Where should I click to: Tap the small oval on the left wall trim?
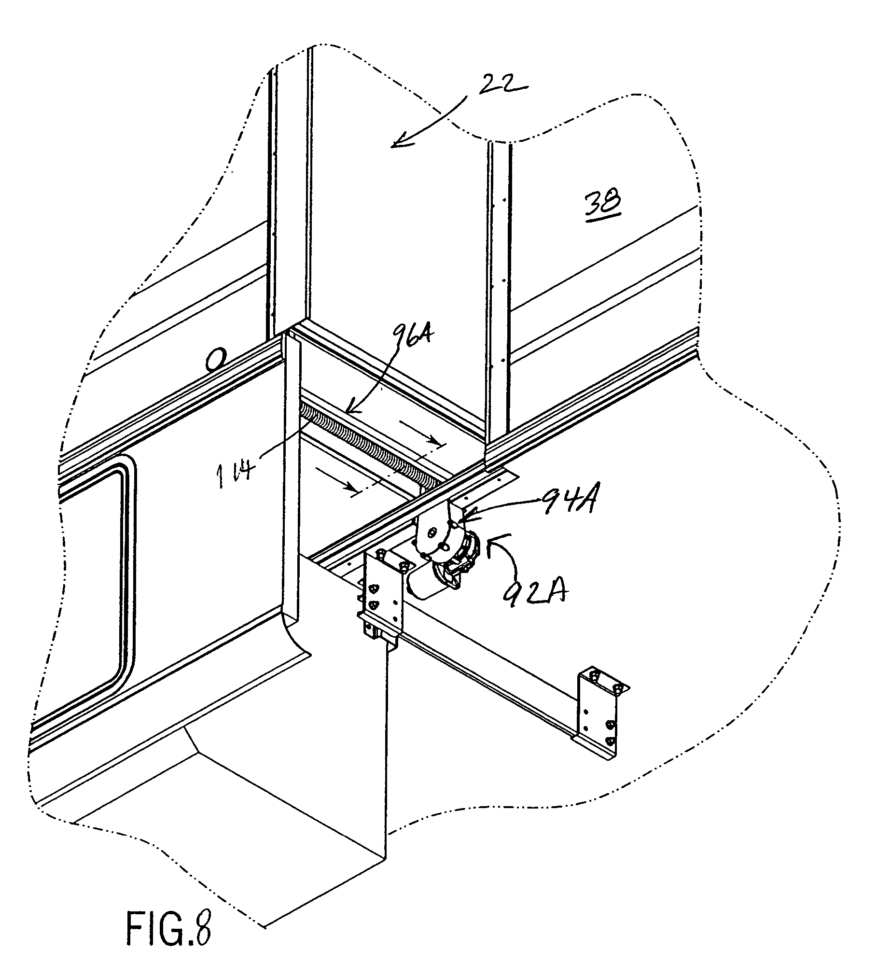(216, 362)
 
